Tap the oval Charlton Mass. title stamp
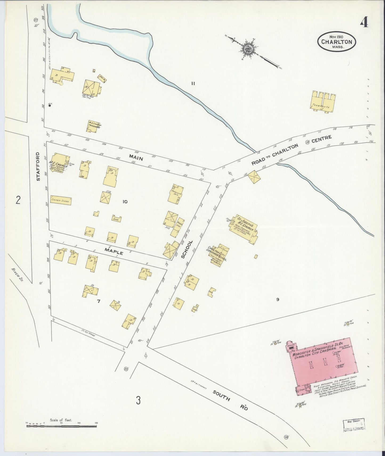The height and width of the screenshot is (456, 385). click(x=337, y=42)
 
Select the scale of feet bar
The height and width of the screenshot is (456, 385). click(x=61, y=426)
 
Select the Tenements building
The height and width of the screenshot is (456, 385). click(x=323, y=102)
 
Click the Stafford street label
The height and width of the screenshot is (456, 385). click(x=38, y=167)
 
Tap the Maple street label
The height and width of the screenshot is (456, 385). click(x=114, y=251)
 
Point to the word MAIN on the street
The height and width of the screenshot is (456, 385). click(x=136, y=157)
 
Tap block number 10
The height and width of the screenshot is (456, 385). click(x=125, y=202)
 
